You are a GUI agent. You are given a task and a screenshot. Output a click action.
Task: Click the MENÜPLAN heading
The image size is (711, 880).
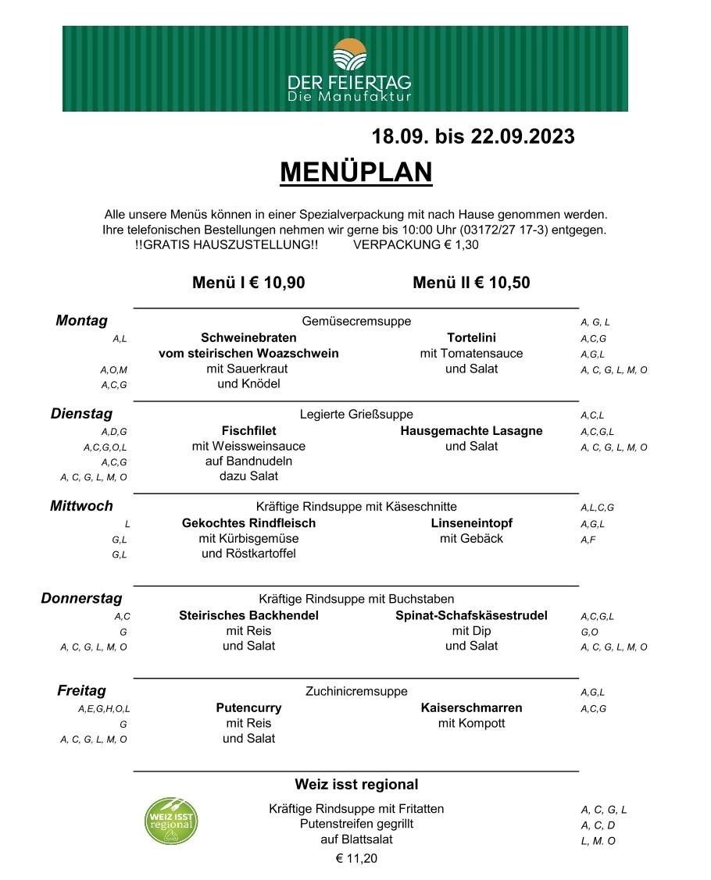pyautogui.click(x=355, y=172)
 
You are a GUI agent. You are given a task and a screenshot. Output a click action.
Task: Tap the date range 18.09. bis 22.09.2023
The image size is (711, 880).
pyautogui.click(x=473, y=137)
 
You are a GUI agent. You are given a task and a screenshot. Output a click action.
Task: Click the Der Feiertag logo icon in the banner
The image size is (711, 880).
pyautogui.click(x=348, y=55)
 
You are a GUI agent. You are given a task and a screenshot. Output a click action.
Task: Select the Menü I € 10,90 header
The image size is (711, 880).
pyautogui.click(x=248, y=283)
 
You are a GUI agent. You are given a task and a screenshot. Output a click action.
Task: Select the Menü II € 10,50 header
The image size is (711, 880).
pyautogui.click(x=471, y=283)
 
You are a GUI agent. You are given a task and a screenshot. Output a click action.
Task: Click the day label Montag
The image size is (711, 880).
pyautogui.click(x=81, y=321)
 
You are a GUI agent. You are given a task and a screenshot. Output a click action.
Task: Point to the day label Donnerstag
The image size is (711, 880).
pyautogui.click(x=81, y=599)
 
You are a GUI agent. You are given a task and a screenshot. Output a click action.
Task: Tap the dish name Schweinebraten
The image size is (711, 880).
pyautogui.click(x=248, y=338)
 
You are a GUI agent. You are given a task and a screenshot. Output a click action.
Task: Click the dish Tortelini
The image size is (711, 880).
pyautogui.click(x=471, y=338)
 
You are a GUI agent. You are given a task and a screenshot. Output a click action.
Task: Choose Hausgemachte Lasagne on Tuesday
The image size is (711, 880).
pyautogui.click(x=471, y=431)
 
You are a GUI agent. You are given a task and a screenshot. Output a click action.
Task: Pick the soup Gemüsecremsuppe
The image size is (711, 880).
pyautogui.click(x=356, y=321)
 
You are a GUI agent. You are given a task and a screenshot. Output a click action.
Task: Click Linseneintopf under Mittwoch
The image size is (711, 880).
pyautogui.click(x=471, y=523)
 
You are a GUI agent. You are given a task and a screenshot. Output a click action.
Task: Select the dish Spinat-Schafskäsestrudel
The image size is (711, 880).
pyautogui.click(x=471, y=615)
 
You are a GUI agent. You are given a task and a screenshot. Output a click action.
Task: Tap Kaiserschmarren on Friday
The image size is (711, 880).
pyautogui.click(x=471, y=708)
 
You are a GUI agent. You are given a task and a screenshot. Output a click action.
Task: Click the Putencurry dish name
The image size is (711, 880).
pyautogui.click(x=248, y=708)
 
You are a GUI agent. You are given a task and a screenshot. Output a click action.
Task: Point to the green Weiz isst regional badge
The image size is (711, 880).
pyautogui.click(x=171, y=820)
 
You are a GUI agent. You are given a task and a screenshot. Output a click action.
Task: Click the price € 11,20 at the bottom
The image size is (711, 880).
pyautogui.click(x=356, y=858)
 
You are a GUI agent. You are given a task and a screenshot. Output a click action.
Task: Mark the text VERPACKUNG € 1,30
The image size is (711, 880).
pyautogui.click(x=416, y=244)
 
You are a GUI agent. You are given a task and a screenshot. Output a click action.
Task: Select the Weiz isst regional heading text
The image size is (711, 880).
pyautogui.click(x=356, y=784)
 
